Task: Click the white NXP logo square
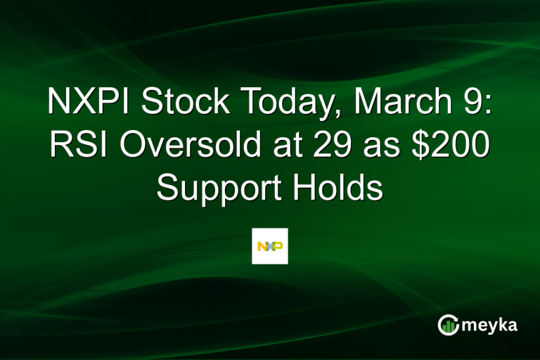coord(270,246)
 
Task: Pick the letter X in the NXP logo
coord(270,246)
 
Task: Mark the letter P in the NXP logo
coord(278,246)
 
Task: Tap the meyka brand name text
coord(491,325)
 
